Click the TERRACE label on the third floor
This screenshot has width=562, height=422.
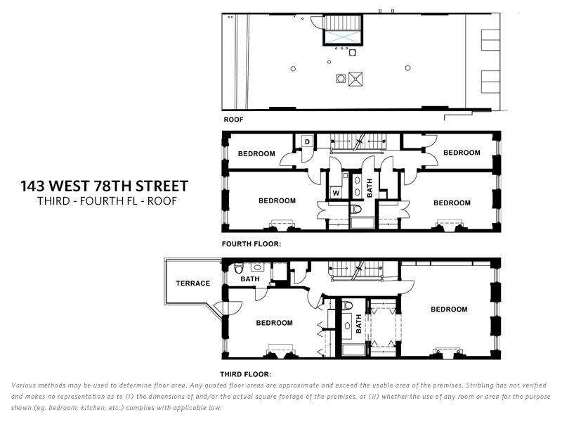click(193, 283)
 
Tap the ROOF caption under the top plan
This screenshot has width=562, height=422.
click(233, 120)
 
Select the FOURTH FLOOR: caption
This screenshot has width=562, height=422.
click(251, 244)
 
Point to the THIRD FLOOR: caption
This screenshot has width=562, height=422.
click(246, 374)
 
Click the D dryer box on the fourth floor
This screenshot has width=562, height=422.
click(308, 141)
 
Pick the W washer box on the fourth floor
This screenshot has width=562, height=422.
click(336, 192)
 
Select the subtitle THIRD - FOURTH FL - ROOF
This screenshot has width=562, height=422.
click(106, 200)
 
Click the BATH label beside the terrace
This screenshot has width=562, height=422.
click(250, 279)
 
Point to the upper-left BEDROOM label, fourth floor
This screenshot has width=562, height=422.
click(256, 153)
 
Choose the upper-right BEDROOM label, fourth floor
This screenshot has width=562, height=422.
click(462, 153)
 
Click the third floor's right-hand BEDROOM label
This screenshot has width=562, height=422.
click(449, 309)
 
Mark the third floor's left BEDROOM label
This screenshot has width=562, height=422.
click(274, 323)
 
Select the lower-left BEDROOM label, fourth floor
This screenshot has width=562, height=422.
click(277, 200)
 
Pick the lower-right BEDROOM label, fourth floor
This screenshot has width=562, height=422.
click(452, 203)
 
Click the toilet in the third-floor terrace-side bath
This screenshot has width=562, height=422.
click(239, 267)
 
